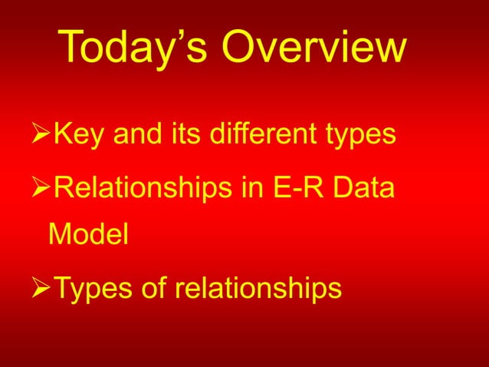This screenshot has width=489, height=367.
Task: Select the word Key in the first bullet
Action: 80,135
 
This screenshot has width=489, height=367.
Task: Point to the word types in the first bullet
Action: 359,137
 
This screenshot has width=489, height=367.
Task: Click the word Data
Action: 366,187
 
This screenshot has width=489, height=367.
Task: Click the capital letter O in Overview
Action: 238,48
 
